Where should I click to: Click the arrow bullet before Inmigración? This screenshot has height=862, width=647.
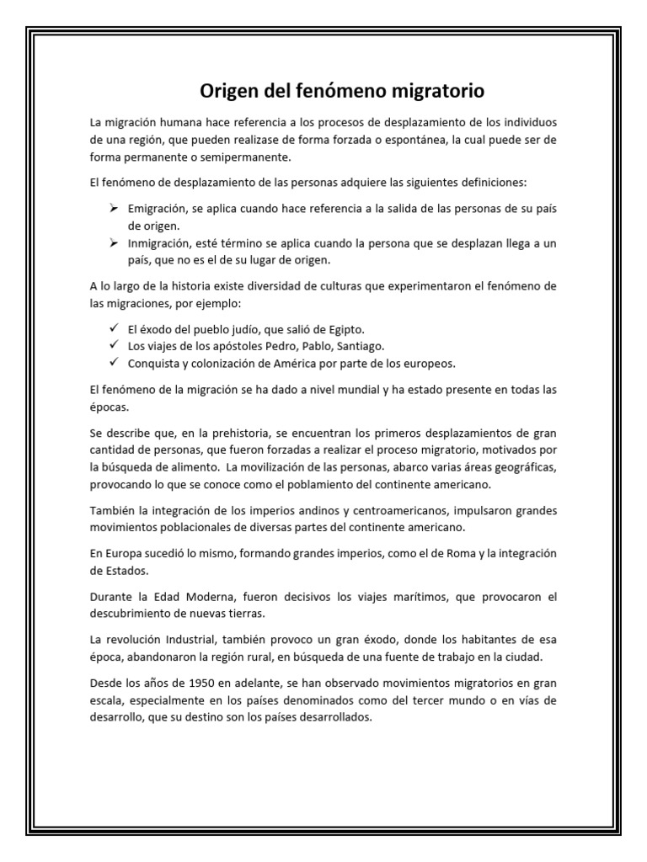coord(112,243)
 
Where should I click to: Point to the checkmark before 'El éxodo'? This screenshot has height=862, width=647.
coord(112,328)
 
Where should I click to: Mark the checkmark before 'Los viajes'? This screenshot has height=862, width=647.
coord(112,345)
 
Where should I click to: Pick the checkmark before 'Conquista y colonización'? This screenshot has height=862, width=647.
coord(112,363)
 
